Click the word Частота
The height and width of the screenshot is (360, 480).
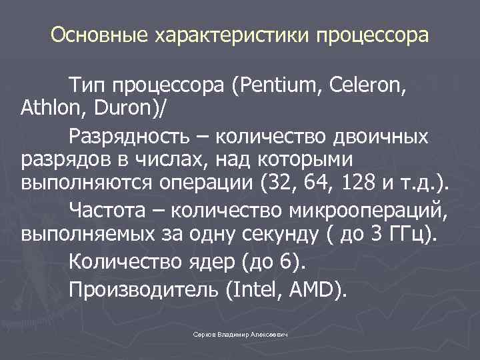(x=113, y=211)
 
